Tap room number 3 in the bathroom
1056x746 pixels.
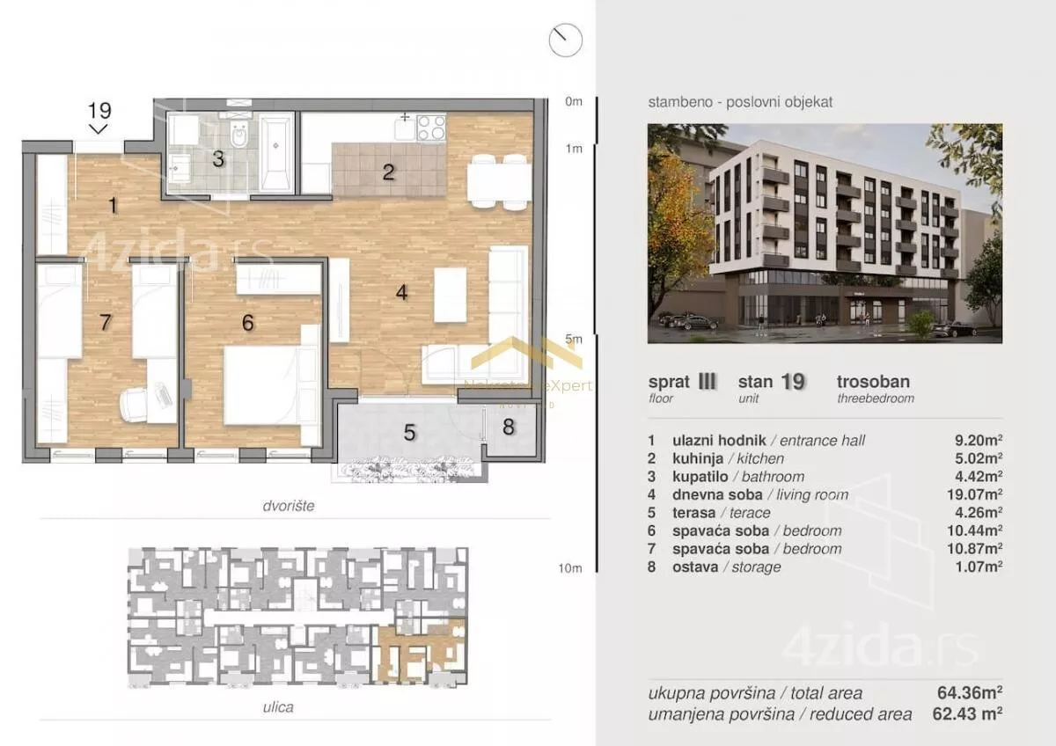[218, 159]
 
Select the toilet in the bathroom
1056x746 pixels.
[240, 134]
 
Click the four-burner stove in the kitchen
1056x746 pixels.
[431, 128]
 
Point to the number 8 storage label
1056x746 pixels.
[509, 427]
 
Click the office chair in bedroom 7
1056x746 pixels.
[136, 405]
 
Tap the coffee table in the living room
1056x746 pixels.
[450, 295]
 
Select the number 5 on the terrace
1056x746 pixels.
[410, 433]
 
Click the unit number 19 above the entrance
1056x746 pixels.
[100, 111]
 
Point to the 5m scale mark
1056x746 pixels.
[573, 339]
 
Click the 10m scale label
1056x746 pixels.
[570, 568]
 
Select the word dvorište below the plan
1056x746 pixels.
[289, 506]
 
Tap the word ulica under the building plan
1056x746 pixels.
[278, 707]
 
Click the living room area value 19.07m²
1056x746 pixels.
[974, 494]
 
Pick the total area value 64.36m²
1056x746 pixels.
[970, 692]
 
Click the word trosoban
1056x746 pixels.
[874, 381]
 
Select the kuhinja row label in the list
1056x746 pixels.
[698, 458]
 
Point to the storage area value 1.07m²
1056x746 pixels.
[979, 567]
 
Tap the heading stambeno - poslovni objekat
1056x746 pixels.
[741, 102]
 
